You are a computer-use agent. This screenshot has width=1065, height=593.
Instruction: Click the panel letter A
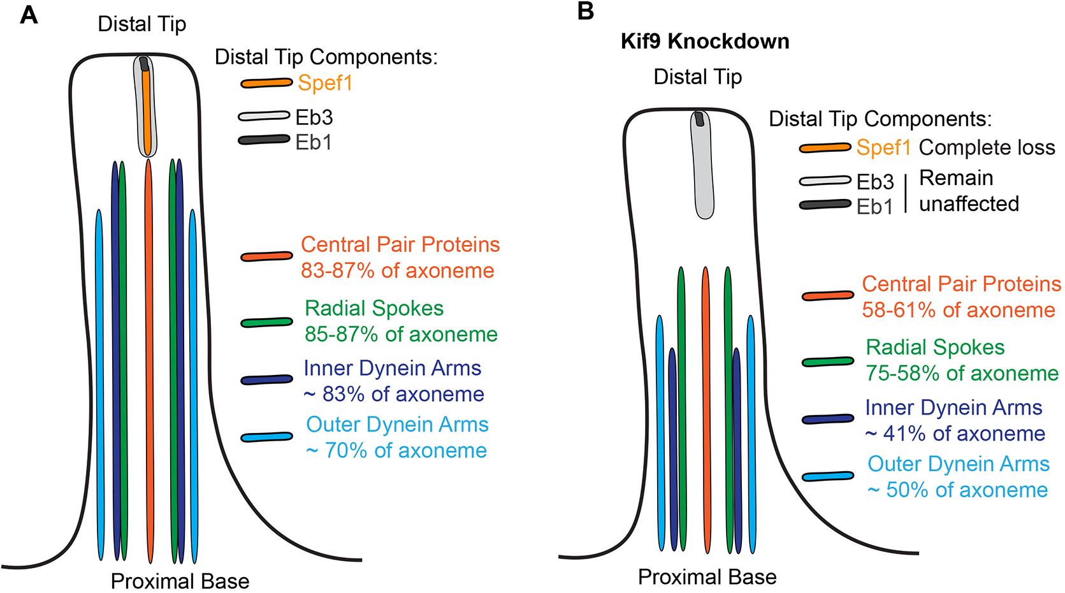(x=29, y=14)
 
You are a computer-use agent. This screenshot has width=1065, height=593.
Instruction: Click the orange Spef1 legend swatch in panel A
(x=266, y=84)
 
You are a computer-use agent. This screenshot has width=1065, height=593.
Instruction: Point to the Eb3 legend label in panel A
(x=314, y=117)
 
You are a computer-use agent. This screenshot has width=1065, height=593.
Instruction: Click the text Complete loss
(x=987, y=148)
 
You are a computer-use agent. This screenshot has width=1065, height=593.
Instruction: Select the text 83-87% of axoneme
(x=397, y=271)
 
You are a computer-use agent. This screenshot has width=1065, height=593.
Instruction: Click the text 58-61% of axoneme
(x=959, y=311)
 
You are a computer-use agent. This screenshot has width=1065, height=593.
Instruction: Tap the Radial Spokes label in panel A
(x=374, y=309)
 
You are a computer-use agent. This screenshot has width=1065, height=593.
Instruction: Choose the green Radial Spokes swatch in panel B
(x=827, y=362)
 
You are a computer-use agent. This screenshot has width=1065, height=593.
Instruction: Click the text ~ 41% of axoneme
(x=955, y=434)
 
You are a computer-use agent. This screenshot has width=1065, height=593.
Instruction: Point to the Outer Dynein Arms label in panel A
(x=397, y=425)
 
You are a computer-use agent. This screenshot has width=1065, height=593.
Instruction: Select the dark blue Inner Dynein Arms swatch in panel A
(x=266, y=380)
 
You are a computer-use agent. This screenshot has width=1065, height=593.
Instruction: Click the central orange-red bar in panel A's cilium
(x=149, y=357)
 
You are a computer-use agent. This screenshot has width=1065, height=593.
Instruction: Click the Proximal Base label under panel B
(x=707, y=578)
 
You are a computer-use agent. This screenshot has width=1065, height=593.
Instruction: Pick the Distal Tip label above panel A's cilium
(x=141, y=25)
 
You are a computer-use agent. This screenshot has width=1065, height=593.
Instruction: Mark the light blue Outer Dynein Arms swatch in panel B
(x=827, y=476)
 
